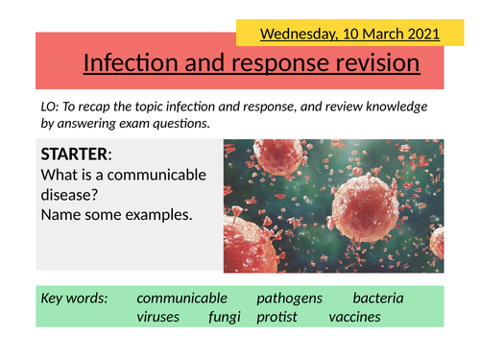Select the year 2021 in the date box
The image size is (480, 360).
tap(418, 35)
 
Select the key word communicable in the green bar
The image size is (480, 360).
tap(181, 299)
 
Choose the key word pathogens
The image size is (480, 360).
tap(289, 299)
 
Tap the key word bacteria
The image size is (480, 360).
tap(377, 299)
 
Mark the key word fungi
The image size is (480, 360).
tap(225, 317)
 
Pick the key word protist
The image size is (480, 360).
tap(276, 317)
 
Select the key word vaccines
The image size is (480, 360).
tap(354, 317)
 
